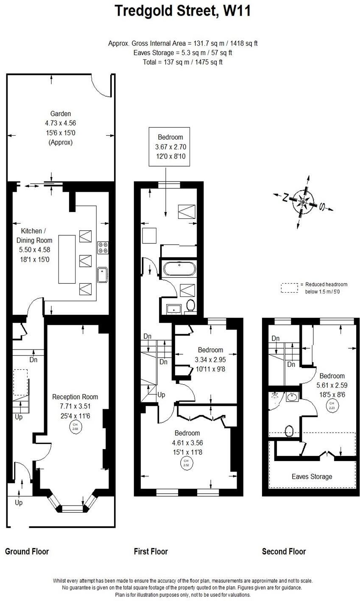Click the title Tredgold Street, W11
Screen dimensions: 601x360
tap(183, 11)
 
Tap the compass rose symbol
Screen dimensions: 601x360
tap(304, 201)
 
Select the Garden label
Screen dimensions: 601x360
tap(61, 114)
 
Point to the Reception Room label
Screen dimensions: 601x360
tap(75, 397)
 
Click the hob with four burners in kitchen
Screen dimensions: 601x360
tap(103, 247)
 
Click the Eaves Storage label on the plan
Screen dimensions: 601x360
tap(312, 476)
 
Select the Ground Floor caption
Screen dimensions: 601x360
tap(27, 551)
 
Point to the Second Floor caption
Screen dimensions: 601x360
tap(284, 551)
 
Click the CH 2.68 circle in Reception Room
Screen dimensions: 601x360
tap(75, 427)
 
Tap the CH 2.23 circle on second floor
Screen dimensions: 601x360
tap(332, 405)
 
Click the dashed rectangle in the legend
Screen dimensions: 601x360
tap(290, 288)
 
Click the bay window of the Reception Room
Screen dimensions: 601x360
tap(71, 507)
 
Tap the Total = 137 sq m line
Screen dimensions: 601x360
tap(183, 62)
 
